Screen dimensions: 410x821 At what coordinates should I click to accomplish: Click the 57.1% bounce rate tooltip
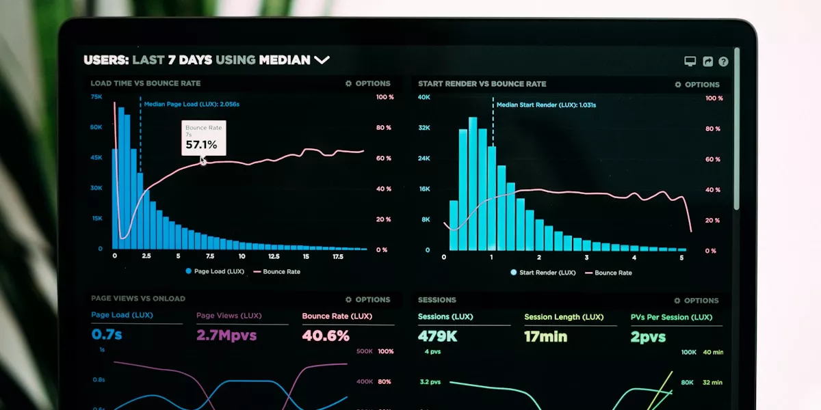(x=203, y=138)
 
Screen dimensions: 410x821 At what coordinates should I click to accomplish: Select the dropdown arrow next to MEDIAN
(x=322, y=60)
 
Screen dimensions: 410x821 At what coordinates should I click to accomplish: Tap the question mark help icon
(x=723, y=61)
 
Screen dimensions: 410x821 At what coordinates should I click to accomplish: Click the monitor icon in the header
(x=690, y=61)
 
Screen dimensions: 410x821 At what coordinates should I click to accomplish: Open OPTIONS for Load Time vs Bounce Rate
(x=367, y=83)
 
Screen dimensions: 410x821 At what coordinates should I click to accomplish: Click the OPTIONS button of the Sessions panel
(x=696, y=301)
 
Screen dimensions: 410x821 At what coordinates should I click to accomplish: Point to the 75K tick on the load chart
(x=96, y=97)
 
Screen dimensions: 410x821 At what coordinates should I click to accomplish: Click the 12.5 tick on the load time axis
(x=274, y=256)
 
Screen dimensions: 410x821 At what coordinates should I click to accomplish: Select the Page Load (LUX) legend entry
(x=214, y=271)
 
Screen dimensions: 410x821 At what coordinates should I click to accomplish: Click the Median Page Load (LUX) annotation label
(x=192, y=105)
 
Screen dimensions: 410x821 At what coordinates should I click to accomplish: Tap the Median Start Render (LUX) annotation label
(x=546, y=105)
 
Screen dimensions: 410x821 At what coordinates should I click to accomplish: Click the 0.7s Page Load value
(x=107, y=335)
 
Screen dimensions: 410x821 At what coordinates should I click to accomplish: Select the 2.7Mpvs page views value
(x=226, y=336)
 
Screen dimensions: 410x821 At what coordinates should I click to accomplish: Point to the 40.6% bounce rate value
(x=326, y=336)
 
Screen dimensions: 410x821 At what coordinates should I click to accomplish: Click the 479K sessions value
(x=438, y=336)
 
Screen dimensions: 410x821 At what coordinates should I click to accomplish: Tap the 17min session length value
(x=545, y=336)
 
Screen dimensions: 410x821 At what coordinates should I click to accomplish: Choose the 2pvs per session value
(x=648, y=337)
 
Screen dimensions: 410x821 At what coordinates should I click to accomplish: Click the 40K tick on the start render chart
(x=424, y=97)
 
